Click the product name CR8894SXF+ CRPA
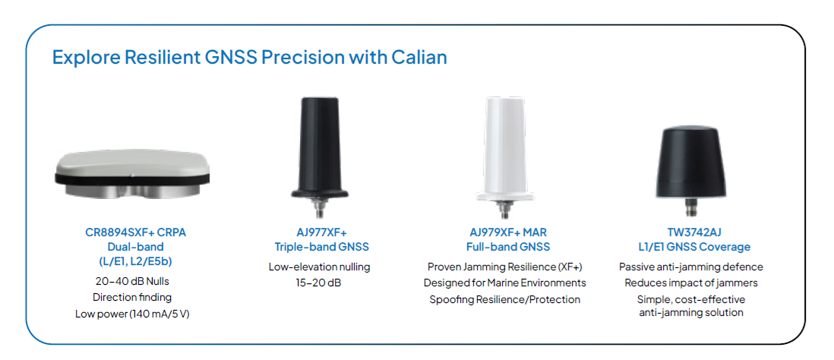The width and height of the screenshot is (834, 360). [136, 233]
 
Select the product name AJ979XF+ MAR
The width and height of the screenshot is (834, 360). [505, 233]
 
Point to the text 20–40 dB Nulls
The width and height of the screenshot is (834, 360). [132, 281]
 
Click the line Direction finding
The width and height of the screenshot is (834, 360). [132, 297]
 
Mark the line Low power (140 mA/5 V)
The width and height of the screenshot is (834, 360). [132, 314]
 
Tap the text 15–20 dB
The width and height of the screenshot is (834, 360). [319, 283]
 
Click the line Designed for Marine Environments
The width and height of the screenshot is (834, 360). [505, 283]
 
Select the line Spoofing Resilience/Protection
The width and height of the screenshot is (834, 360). [505, 299]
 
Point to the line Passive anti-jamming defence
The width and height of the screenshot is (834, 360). [691, 267]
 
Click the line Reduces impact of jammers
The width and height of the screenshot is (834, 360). [691, 283]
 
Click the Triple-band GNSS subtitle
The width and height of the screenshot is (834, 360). [321, 248]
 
